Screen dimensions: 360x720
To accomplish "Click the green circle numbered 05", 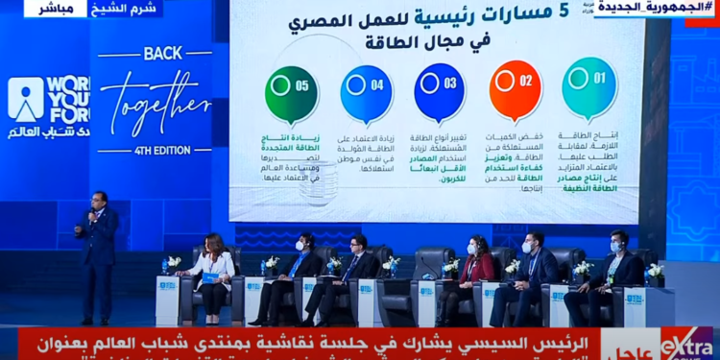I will (291, 94).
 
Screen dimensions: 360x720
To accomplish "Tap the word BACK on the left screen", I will (162, 53).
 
